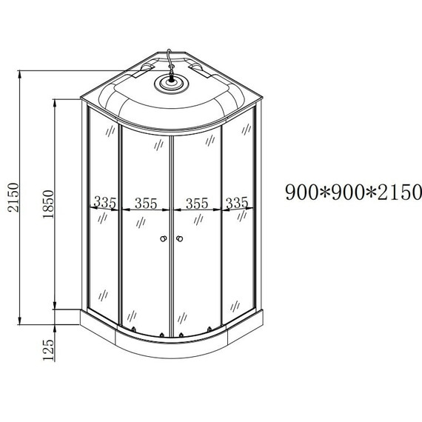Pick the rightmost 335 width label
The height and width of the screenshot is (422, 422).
tap(237, 202)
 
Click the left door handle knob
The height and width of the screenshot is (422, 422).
tap(161, 239)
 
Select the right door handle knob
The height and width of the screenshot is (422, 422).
tap(179, 239)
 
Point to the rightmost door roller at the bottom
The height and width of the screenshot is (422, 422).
tap(210, 329)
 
